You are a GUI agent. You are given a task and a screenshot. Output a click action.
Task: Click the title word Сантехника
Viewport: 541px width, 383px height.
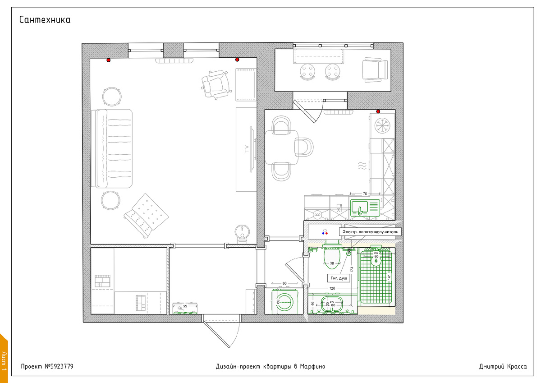[45, 20]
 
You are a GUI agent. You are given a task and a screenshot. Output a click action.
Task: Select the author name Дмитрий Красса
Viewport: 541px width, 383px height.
[502, 366]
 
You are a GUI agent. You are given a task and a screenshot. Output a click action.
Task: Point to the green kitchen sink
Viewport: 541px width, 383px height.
[366, 208]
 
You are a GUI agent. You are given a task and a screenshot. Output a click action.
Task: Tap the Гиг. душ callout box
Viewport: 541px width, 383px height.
[338, 278]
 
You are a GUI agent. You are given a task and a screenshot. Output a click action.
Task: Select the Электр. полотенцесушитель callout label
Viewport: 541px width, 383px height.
[370, 231]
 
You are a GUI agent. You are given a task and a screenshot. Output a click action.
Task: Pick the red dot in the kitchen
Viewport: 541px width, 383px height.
[378, 111]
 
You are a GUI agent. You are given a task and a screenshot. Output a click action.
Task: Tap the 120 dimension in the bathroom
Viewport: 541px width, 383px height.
[332, 288]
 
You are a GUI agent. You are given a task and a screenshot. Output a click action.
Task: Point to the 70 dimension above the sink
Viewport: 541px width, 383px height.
[365, 194]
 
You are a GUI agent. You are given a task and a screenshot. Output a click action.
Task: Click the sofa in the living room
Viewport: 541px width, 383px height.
[112, 148]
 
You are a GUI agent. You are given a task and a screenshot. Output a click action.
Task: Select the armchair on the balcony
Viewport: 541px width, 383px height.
[375, 69]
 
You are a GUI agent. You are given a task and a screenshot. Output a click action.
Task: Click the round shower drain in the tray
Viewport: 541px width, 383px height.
[375, 261]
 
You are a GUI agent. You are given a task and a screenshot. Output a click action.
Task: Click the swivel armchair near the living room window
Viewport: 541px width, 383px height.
[215, 84]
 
